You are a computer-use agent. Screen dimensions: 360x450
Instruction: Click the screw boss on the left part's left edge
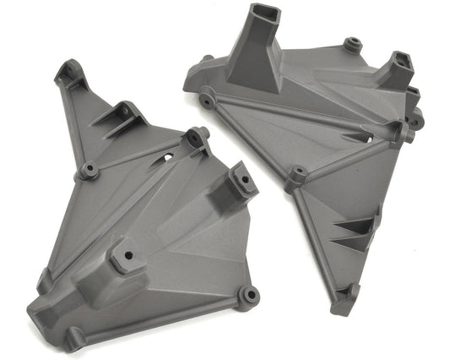tap(89, 172)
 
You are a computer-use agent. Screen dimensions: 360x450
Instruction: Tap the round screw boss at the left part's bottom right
tap(248, 294)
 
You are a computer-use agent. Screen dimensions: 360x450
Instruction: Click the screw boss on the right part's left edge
tap(205, 101)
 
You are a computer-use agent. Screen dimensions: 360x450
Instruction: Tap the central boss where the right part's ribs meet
tap(296, 177)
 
